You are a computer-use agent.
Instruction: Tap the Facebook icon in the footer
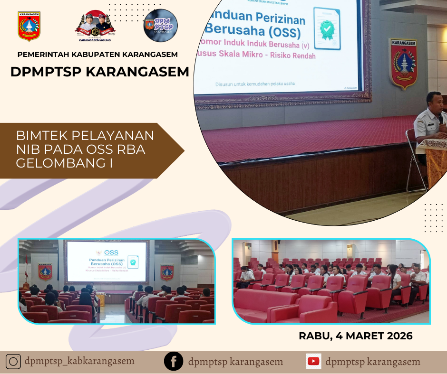pyautogui.click(x=174, y=362)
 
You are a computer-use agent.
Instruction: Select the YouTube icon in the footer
pyautogui.click(x=313, y=362)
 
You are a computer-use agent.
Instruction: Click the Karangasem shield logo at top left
pyautogui.click(x=29, y=27)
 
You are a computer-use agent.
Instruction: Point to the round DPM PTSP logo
pyautogui.click(x=161, y=26)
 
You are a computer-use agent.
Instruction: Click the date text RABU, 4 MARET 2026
pyautogui.click(x=355, y=336)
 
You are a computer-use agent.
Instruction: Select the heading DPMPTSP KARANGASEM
pyautogui.click(x=100, y=72)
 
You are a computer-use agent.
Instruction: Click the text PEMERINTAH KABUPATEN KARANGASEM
pyautogui.click(x=97, y=54)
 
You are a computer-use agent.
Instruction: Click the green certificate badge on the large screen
pyautogui.click(x=327, y=29)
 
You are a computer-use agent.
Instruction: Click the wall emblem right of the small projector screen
pyautogui.click(x=167, y=271)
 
